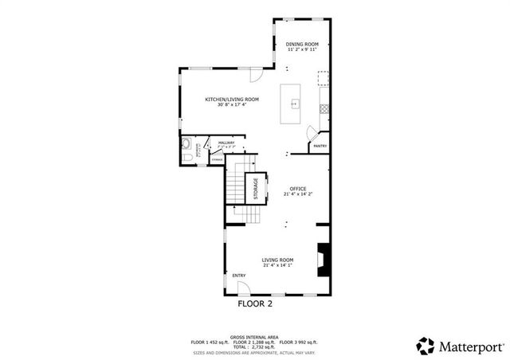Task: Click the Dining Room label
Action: (x=302, y=44)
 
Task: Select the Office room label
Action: (x=297, y=188)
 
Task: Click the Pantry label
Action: (x=320, y=146)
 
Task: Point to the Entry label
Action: (x=239, y=276)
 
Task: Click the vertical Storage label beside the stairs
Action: (x=256, y=188)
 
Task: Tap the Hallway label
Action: (x=226, y=143)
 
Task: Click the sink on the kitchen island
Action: (x=294, y=103)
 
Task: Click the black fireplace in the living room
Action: (x=323, y=260)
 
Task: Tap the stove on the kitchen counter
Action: (x=324, y=78)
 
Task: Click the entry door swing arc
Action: (x=240, y=287)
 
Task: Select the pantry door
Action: (x=314, y=135)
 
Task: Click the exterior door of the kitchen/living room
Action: (x=256, y=75)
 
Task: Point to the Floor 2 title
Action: (x=255, y=304)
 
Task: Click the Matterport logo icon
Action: (x=426, y=346)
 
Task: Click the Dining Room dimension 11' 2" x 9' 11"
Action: (x=303, y=50)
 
